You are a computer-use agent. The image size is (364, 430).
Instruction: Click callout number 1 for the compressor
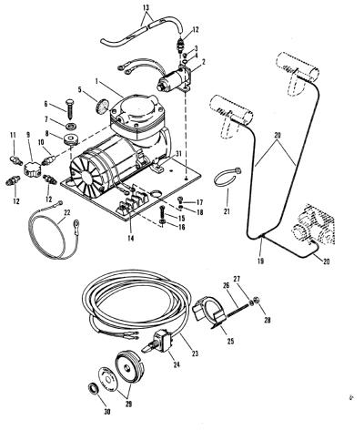(96, 81)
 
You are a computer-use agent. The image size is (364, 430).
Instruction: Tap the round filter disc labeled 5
(102, 106)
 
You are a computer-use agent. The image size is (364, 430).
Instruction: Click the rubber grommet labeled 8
(71, 140)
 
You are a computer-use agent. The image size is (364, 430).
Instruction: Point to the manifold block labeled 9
(32, 168)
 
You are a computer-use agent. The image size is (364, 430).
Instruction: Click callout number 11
(13, 135)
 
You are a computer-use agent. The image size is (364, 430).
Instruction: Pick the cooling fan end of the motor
(84, 178)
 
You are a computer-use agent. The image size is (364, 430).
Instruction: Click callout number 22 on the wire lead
(67, 212)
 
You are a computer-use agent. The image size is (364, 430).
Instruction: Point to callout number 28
(267, 320)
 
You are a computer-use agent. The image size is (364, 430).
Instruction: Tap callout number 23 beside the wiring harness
(195, 353)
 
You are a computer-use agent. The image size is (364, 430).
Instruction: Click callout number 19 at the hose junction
(260, 261)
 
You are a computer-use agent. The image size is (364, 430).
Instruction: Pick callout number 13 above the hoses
(147, 8)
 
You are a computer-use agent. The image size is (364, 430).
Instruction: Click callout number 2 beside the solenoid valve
(204, 62)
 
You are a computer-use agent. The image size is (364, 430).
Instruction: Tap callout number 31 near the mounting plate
(178, 154)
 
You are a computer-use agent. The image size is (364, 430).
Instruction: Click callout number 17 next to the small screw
(199, 202)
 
